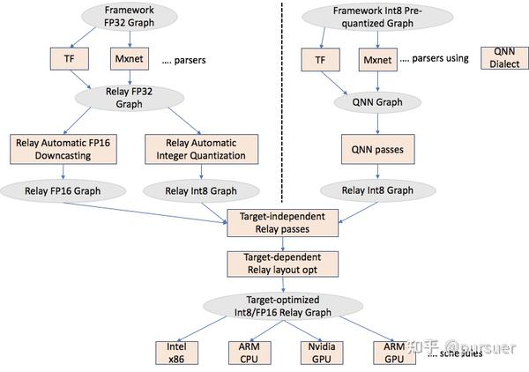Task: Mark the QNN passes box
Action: [x=377, y=149]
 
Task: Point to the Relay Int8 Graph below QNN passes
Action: [x=377, y=190]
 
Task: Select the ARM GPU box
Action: [x=394, y=353]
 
